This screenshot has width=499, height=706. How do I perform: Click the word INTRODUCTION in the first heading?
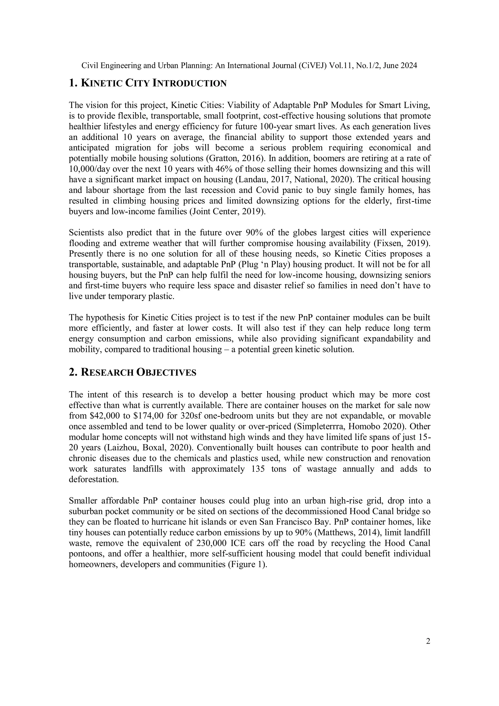(x=189, y=83)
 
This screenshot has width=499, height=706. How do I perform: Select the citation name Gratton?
(x=222, y=158)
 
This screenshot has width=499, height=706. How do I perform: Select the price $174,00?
(x=148, y=416)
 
